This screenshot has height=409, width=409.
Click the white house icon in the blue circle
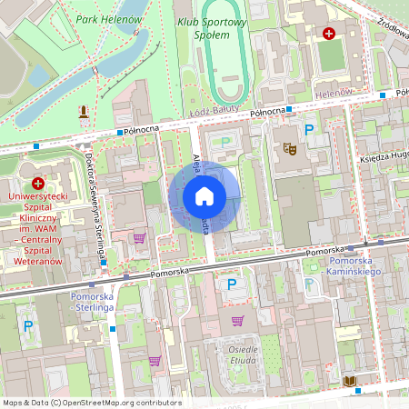tap(204, 195)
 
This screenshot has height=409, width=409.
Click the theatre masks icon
tap(290, 147)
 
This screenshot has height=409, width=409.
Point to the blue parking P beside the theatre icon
tap(309, 131)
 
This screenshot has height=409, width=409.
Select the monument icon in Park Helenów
tap(85, 112)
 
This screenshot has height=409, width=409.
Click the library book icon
tap(350, 379)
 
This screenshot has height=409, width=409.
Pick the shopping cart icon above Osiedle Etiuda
tap(238, 320)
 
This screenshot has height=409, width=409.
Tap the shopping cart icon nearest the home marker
tap(139, 238)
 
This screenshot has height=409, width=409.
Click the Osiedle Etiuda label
tap(244, 355)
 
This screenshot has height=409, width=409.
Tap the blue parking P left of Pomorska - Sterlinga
tap(28, 325)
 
